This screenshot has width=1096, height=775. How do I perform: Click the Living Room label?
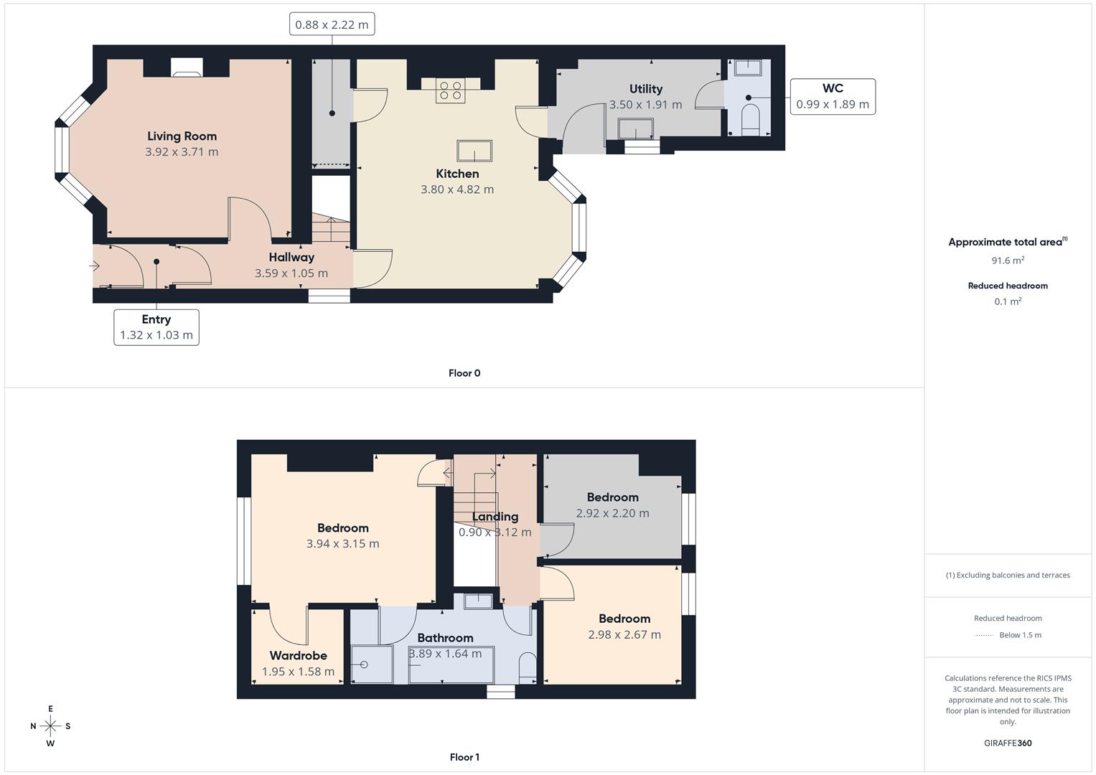point(182,136)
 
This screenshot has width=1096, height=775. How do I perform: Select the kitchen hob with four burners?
point(451,91)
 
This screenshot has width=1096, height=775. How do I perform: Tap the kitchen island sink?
point(474,151)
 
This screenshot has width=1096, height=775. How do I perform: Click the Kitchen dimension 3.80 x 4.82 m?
point(457,189)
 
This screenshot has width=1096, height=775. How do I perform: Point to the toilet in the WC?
point(750,118)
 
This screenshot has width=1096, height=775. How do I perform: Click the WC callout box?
point(833,96)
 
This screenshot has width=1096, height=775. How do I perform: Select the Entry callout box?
point(156,327)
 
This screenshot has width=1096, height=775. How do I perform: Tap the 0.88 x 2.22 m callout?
point(332,24)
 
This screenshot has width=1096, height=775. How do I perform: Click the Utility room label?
point(645,89)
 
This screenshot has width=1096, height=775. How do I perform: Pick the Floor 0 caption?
point(464,373)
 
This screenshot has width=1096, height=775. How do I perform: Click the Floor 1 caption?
point(464,757)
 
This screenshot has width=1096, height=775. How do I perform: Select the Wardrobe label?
point(298,655)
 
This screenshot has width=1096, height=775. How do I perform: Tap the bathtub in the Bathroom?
point(451,665)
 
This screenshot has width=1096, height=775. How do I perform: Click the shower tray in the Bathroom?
point(372,664)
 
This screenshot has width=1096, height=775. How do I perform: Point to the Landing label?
point(495,517)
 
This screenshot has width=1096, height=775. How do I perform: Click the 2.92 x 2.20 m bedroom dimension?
point(612,513)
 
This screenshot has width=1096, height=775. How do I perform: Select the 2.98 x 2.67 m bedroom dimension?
point(624,634)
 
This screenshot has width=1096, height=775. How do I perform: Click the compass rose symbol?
point(50,726)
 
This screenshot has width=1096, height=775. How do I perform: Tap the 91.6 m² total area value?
point(1008,260)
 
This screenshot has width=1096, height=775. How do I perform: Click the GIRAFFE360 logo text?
point(1008,743)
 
